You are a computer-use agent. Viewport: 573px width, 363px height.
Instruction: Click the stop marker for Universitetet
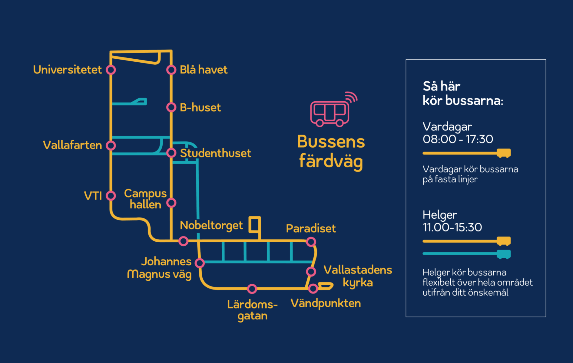(111, 70)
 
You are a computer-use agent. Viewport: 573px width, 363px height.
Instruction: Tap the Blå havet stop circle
(171, 70)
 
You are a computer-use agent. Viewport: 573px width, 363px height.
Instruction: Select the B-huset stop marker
(171, 107)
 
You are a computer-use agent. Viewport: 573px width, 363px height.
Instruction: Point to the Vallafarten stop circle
(111, 146)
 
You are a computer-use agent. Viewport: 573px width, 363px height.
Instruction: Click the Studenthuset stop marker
(171, 153)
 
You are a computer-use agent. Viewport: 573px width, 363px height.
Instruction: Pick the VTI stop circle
(111, 196)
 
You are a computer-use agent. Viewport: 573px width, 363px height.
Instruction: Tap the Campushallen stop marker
(171, 203)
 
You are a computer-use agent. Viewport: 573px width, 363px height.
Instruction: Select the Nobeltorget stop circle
(183, 241)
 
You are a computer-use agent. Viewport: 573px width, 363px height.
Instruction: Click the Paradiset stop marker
(311, 242)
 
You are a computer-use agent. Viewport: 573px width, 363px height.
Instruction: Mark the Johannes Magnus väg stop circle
(200, 263)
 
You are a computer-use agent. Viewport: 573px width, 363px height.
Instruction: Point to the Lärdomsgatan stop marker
(252, 289)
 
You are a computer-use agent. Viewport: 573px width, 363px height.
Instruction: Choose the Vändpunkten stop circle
(313, 289)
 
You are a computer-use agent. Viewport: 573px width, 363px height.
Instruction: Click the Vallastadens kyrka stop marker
(311, 271)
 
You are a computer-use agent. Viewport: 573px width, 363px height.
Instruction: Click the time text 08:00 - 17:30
(458, 139)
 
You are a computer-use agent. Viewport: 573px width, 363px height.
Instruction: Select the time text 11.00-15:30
(452, 227)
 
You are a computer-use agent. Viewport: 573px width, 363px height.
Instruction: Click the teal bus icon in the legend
(504, 254)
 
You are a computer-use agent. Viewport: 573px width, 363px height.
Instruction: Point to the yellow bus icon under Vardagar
(504, 153)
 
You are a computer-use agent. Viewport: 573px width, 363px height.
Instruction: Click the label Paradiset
(311, 229)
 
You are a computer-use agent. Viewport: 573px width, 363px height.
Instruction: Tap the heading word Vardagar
(447, 127)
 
